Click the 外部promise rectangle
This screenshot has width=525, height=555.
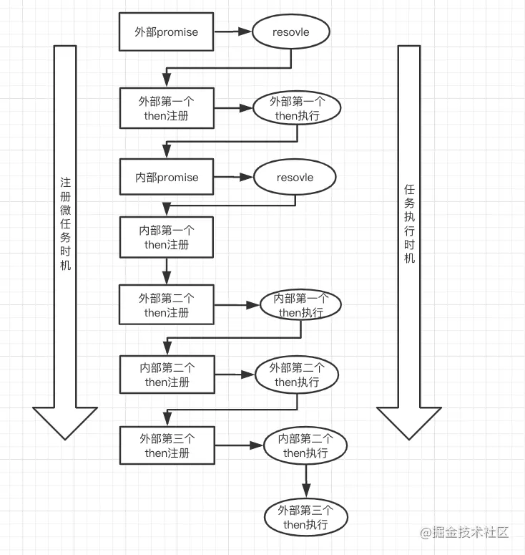(x=166, y=32)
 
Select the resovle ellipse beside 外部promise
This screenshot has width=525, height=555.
(x=290, y=32)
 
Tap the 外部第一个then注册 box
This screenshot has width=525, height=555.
(x=167, y=108)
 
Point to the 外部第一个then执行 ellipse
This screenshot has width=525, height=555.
(x=297, y=108)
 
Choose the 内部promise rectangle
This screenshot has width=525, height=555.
(x=167, y=177)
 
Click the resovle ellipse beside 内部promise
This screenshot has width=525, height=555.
(x=295, y=177)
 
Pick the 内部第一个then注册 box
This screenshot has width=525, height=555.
(x=167, y=237)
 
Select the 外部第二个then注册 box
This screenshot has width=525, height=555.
(x=167, y=305)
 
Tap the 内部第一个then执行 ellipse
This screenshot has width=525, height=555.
(x=301, y=305)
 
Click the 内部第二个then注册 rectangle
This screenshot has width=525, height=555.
(x=167, y=375)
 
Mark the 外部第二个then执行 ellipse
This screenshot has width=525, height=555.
(x=297, y=375)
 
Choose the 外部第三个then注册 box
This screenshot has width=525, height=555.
(x=167, y=445)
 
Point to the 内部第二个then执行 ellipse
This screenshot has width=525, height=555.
(x=305, y=445)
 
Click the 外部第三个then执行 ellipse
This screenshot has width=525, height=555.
(x=306, y=517)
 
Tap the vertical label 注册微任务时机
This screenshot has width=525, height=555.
(x=65, y=223)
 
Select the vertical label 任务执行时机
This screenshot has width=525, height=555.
(x=409, y=223)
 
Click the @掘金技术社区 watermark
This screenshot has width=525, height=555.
(x=464, y=532)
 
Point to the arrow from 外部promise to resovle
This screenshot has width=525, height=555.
(x=232, y=32)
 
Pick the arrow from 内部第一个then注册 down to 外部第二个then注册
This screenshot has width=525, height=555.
(x=167, y=271)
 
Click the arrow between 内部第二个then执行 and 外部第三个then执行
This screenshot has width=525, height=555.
(x=306, y=481)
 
